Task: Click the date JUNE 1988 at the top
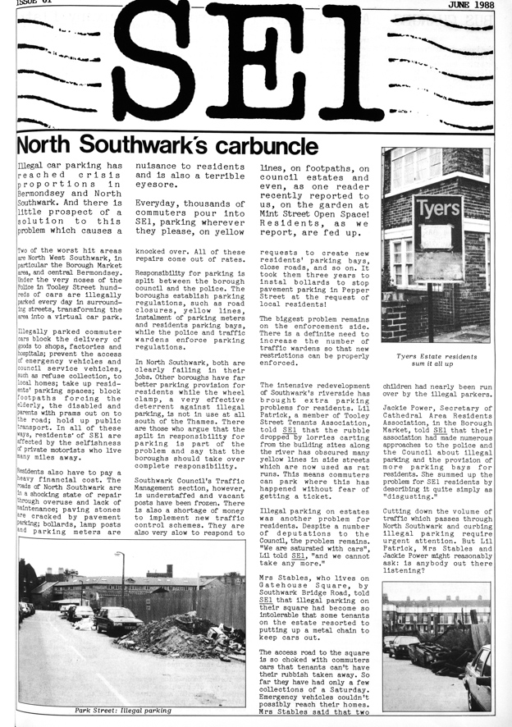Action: click(478, 5)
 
